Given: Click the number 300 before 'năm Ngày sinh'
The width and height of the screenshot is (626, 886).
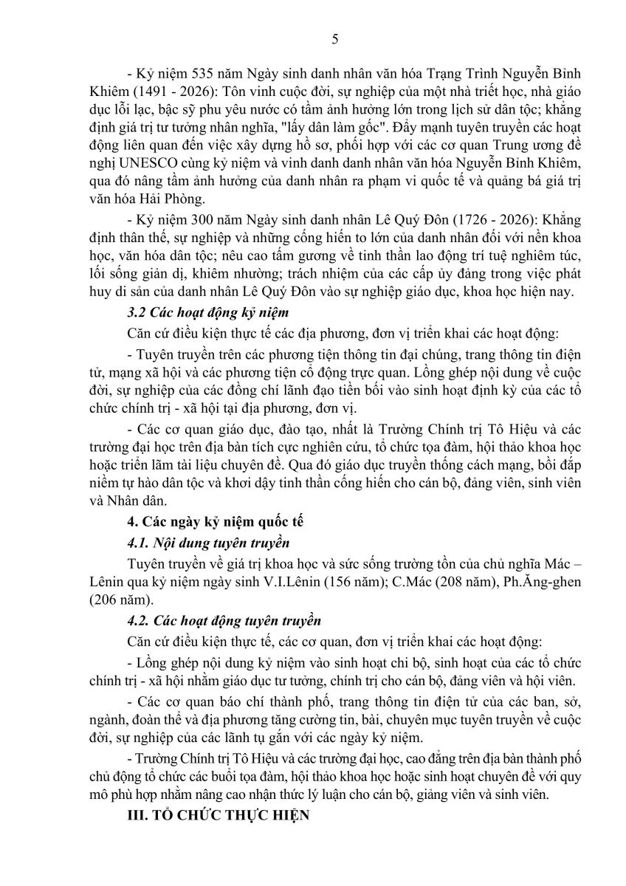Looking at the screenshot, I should (204, 221).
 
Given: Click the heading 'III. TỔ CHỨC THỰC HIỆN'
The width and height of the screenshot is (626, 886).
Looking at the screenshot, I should (219, 817).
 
